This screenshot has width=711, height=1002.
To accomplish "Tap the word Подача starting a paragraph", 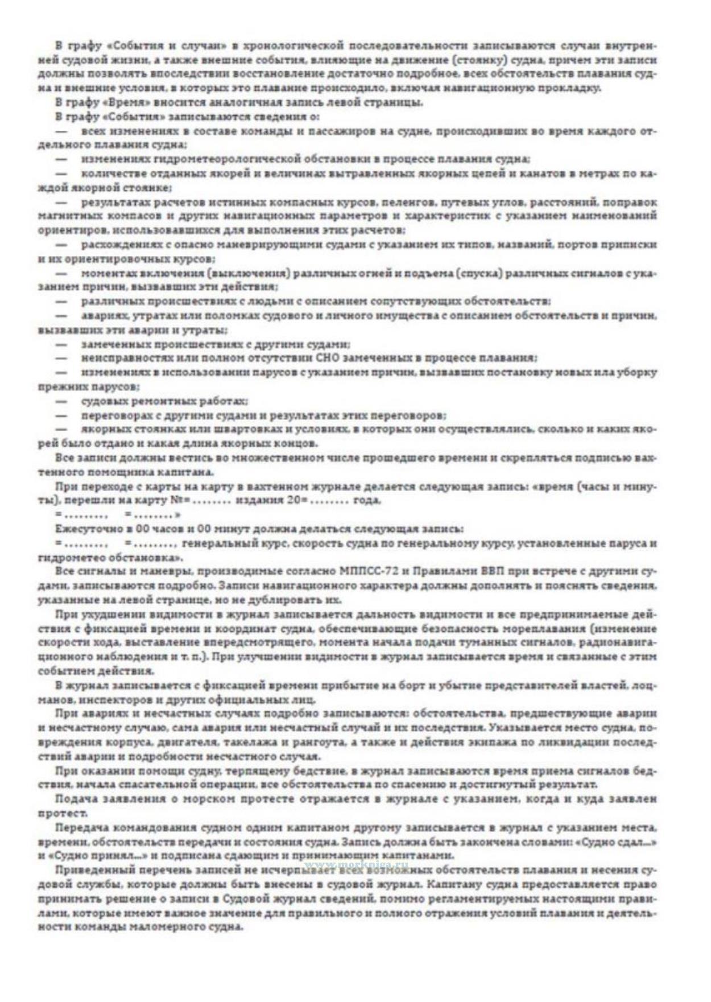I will (75, 799).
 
